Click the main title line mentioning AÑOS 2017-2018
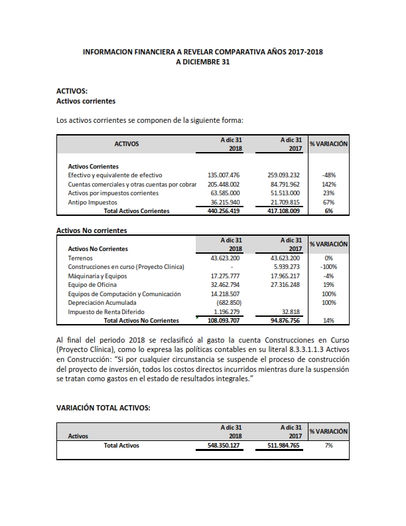[x=203, y=51]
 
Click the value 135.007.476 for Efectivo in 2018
[x=224, y=175]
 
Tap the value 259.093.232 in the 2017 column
[x=283, y=175]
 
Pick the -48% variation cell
[x=328, y=175]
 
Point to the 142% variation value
[x=328, y=184]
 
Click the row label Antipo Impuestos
[x=93, y=202]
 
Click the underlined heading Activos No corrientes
[x=92, y=230]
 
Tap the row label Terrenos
[x=82, y=257]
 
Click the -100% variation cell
[x=328, y=266]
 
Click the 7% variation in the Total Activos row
[x=328, y=446]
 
